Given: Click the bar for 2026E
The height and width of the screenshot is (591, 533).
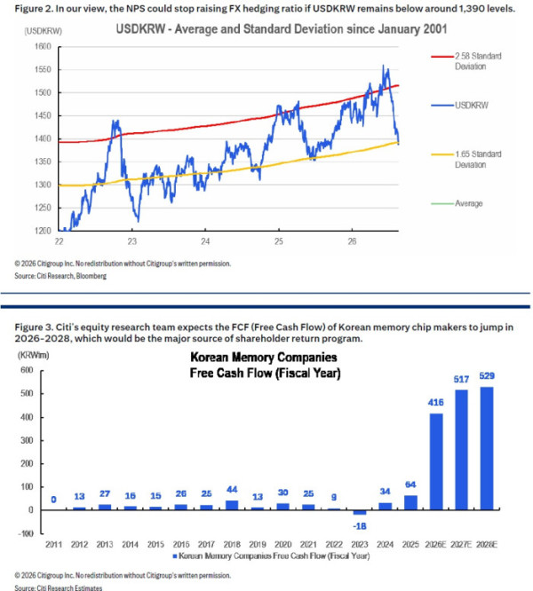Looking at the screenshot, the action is point(435,461).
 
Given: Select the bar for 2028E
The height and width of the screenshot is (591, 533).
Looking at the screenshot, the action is point(487,448).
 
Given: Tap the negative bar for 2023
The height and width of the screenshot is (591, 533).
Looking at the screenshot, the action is point(360,512).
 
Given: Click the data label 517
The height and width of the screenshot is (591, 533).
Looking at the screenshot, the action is point(461,379).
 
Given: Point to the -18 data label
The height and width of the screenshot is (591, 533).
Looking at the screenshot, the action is point(360,526).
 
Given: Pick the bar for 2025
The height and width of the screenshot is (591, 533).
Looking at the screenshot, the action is point(410,502).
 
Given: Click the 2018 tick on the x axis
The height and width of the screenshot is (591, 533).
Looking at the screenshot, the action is point(232,544).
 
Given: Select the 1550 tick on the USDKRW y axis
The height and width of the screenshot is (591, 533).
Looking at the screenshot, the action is point(43,69).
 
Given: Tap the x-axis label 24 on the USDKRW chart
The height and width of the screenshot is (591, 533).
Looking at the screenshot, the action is point(205,241).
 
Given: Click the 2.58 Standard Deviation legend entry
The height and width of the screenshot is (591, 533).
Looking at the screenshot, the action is point(466,61).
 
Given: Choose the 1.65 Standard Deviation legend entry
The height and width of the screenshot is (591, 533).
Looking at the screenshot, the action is point(466,159).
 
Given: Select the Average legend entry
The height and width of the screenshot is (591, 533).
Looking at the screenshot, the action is point(457,203).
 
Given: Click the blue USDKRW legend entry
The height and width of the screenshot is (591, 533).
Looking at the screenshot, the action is point(460,106).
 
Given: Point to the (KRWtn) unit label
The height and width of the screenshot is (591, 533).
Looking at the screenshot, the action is point(33,355).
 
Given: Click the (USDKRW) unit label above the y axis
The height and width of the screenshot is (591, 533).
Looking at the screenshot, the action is point(43,31).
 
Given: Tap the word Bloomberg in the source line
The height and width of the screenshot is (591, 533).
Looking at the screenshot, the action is point(91,276).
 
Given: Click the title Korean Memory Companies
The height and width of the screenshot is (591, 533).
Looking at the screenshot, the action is point(264,357).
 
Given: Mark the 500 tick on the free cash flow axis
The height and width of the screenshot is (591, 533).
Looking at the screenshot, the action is point(27,393).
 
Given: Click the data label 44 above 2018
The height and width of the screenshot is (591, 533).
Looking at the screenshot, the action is point(232,489).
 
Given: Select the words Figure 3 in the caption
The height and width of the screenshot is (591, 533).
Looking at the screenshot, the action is point(34,327).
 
